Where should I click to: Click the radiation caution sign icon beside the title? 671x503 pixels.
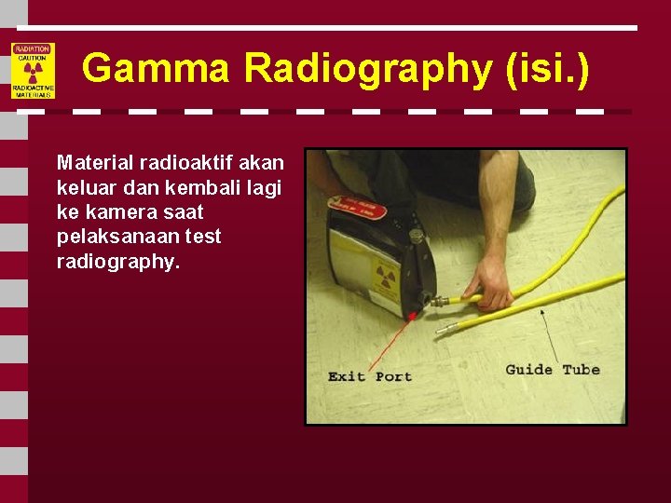(33, 71)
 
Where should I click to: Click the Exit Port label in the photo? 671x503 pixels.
(370, 376)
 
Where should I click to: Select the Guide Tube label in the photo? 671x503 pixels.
(553, 370)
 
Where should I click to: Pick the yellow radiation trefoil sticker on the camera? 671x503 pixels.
(385, 276)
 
